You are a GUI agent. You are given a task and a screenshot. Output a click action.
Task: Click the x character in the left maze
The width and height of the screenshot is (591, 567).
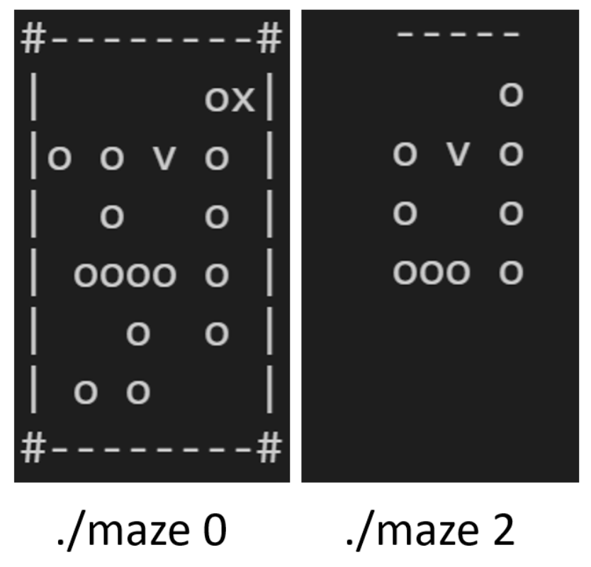(243, 101)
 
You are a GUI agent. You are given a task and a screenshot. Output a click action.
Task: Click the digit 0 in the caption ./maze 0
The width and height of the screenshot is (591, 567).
(215, 532)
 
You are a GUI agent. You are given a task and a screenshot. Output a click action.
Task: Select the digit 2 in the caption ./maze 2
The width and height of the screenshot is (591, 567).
(503, 532)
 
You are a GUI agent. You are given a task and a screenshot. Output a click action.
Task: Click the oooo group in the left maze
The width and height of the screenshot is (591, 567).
(125, 275)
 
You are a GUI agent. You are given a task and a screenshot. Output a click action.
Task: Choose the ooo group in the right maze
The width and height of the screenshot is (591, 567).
(431, 272)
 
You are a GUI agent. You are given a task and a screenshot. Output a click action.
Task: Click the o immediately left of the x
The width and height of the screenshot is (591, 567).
(217, 101)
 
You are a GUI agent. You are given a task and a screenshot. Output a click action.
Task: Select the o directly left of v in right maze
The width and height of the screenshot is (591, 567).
(405, 154)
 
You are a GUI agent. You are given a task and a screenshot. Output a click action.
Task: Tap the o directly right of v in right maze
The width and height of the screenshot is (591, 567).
(511, 154)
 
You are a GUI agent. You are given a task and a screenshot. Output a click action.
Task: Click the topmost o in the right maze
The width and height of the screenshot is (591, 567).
(511, 94)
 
